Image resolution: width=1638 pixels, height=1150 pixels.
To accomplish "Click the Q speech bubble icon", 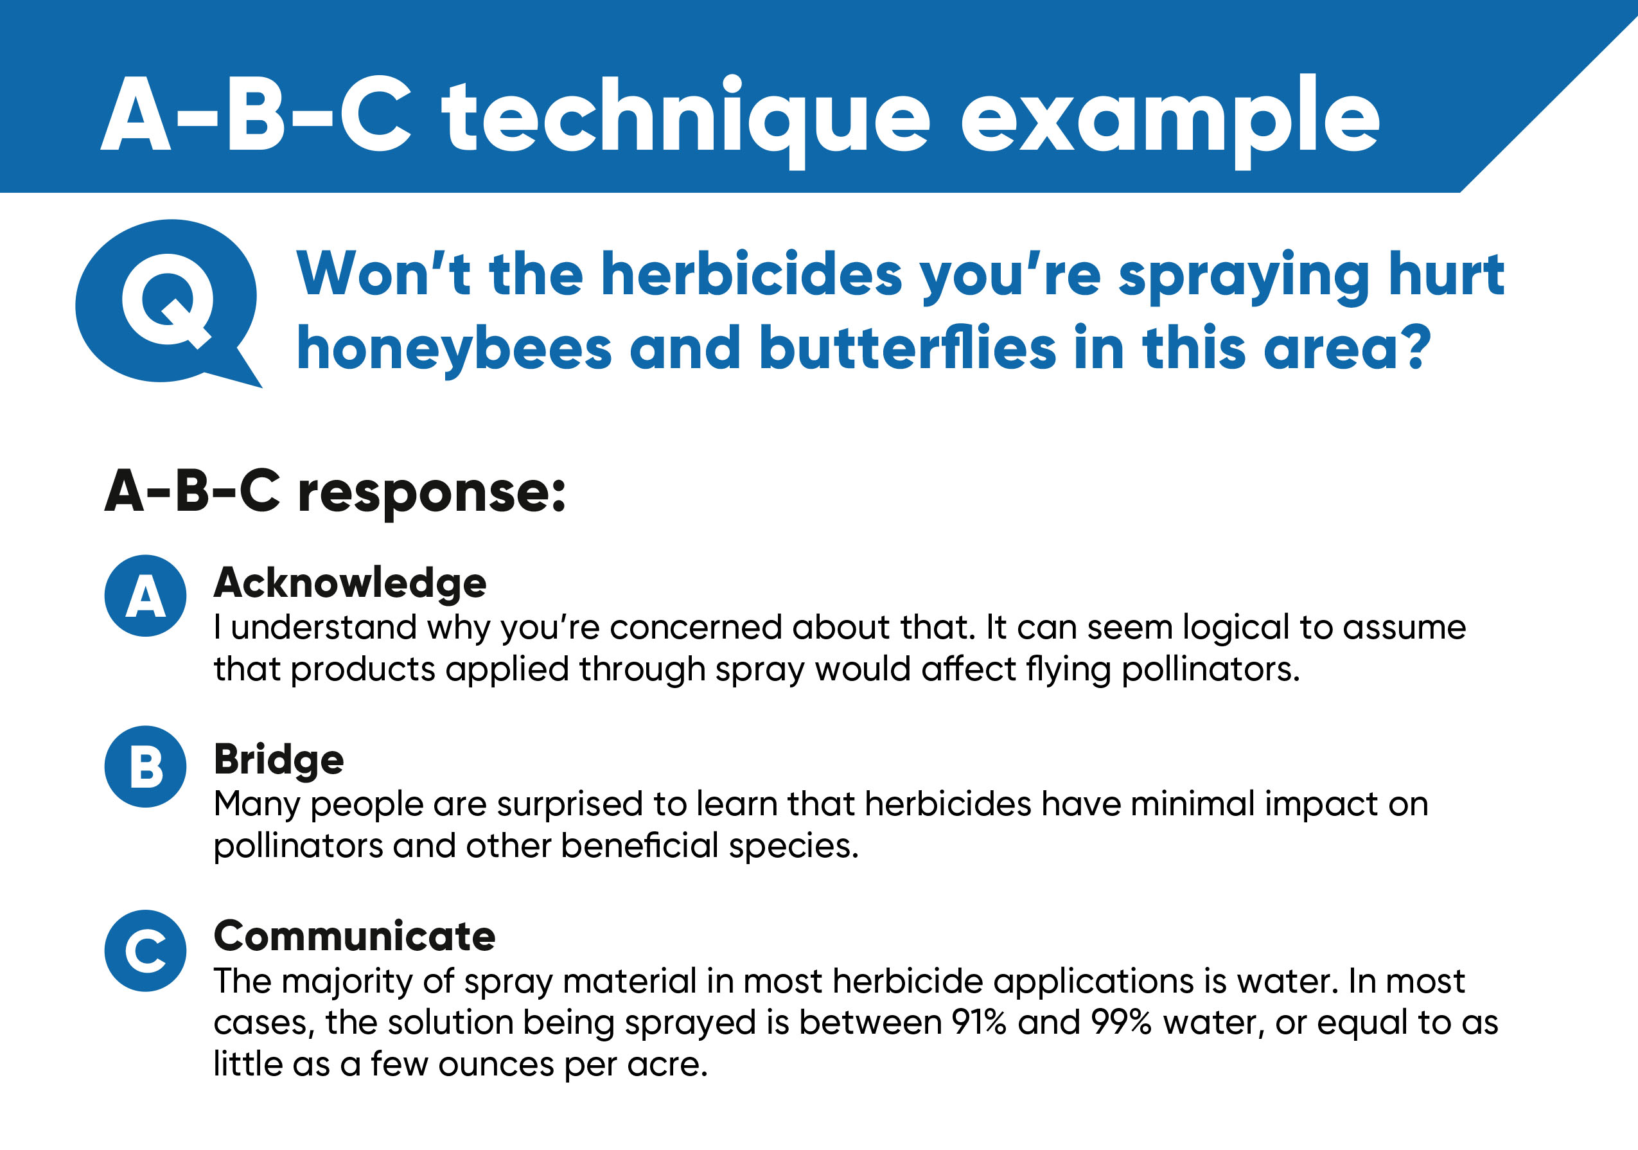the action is tap(168, 303).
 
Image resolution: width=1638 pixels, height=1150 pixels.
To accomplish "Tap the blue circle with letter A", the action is tap(146, 596).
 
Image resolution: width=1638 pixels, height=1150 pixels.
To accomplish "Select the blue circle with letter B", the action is tap(146, 767).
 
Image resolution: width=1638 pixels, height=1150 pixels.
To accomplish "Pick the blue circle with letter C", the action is tap(146, 951).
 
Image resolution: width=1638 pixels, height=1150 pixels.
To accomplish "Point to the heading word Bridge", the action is tap(279, 761).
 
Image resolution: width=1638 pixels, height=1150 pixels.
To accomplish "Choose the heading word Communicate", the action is tap(355, 936).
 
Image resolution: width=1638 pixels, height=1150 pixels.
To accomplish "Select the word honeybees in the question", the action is tap(454, 349).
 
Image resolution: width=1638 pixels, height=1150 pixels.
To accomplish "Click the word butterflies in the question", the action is tap(908, 348).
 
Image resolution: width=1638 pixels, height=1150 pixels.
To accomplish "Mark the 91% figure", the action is tap(979, 1022).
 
